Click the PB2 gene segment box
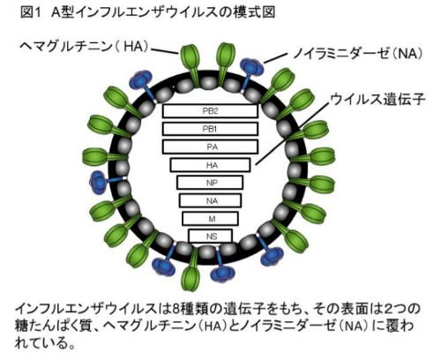[x=210, y=111]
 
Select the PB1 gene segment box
[x=210, y=129]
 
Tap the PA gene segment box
[x=210, y=146]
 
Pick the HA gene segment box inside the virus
[x=210, y=165]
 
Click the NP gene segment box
[x=210, y=183]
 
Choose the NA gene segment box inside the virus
[x=211, y=200]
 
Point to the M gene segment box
[x=211, y=219]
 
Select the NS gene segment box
[x=211, y=236]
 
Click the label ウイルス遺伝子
[x=378, y=99]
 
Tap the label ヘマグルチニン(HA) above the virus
[x=85, y=47]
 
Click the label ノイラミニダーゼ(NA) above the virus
[x=358, y=54]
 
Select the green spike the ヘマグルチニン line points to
[x=190, y=64]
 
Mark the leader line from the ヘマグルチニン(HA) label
[x=165, y=50]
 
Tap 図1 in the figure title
[x=30, y=12]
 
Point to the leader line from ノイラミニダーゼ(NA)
[x=275, y=58]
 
